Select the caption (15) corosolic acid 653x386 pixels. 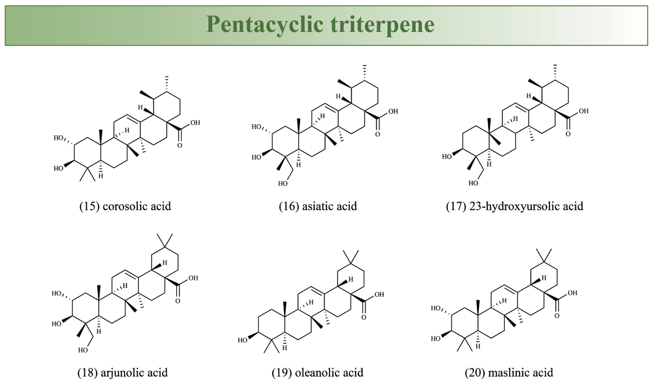coord(125,206)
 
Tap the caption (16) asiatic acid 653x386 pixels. coord(318,206)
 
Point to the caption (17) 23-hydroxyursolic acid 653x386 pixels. coord(514,206)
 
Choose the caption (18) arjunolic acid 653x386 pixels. coord(123,372)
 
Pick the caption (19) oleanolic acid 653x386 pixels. coord(317,372)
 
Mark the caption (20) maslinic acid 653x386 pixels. coord(509,372)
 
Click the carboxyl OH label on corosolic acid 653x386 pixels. coord(195,123)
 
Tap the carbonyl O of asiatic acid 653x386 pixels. coord(378,134)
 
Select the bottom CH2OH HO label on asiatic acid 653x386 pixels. coord(283,184)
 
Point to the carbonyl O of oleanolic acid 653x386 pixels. coord(364,317)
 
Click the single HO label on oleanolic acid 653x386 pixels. coord(242,340)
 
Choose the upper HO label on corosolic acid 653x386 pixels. coord(59,138)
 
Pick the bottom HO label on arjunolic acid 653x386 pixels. coord(83,350)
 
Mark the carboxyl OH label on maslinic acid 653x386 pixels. coord(572,293)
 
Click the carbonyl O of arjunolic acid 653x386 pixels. coord(178,301)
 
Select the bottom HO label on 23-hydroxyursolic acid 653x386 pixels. coord(473,183)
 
